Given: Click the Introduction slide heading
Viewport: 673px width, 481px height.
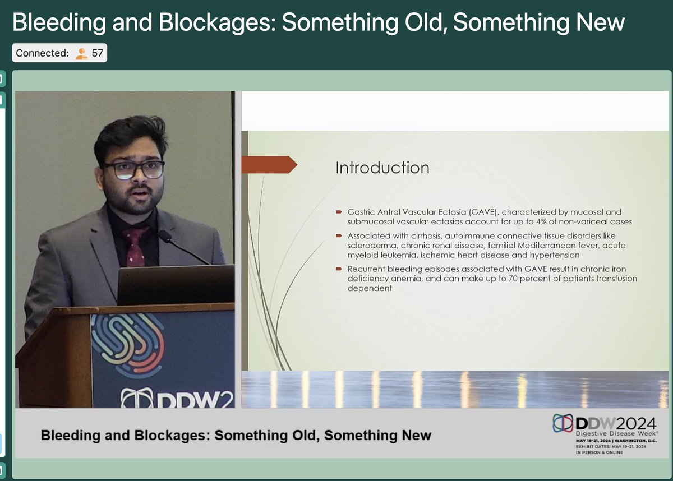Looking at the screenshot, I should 382,168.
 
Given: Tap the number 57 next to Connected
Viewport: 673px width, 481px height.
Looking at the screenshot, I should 97,53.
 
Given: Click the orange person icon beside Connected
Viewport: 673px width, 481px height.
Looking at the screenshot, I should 82,53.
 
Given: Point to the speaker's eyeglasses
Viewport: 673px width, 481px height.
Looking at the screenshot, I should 133,169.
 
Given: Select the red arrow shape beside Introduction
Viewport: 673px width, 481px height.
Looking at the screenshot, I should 269,164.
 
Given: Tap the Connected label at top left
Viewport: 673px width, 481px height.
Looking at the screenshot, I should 42,53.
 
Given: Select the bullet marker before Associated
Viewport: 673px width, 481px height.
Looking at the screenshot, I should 339,236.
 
